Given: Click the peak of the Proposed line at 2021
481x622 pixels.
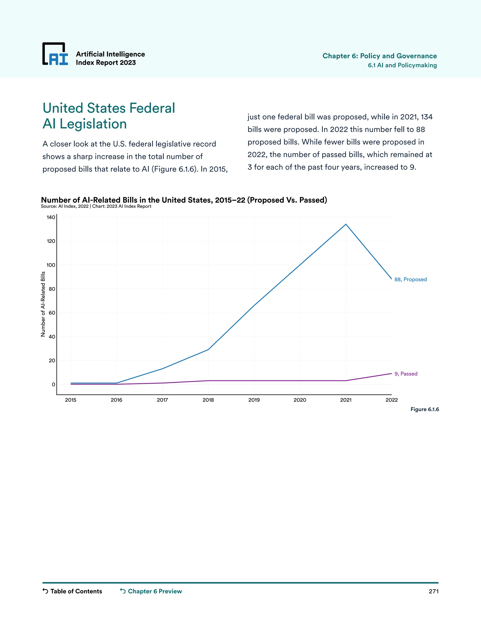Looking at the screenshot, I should [x=346, y=224].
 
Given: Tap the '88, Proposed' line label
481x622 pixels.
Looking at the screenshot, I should [x=410, y=279].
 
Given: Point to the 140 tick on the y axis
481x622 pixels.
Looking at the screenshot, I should [x=51, y=217].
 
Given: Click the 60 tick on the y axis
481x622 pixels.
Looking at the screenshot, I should [x=52, y=313].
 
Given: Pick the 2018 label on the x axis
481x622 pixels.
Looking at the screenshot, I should [x=208, y=400].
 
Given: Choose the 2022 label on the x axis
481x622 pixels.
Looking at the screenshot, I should [x=391, y=400].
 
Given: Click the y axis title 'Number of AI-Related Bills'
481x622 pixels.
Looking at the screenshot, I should [x=43, y=304].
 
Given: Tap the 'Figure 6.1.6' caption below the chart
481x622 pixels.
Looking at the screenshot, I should [x=424, y=409].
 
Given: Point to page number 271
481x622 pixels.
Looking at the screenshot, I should [x=433, y=591].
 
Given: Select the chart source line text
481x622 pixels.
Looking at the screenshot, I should [x=96, y=206].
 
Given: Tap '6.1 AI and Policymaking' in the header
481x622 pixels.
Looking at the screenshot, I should [x=402, y=65].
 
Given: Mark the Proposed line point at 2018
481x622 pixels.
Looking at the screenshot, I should [x=208, y=349].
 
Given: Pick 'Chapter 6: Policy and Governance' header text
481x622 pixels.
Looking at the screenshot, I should [x=380, y=56].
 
